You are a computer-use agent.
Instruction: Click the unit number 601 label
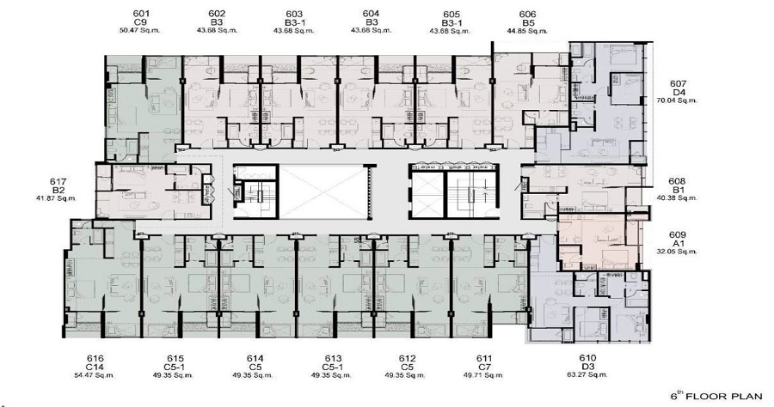click(143, 14)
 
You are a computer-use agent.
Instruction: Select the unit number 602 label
click(218, 14)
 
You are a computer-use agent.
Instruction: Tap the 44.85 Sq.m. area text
click(528, 31)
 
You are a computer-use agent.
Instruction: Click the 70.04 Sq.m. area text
click(679, 100)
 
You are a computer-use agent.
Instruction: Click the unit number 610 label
click(588, 358)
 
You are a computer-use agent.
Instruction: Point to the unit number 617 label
click(58, 181)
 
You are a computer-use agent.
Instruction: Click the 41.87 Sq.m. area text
click(58, 199)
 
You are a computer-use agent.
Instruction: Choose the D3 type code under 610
click(588, 367)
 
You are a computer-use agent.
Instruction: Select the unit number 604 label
click(372, 14)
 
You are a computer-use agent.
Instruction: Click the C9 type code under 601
click(143, 22)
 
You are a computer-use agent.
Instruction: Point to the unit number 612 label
click(408, 358)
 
